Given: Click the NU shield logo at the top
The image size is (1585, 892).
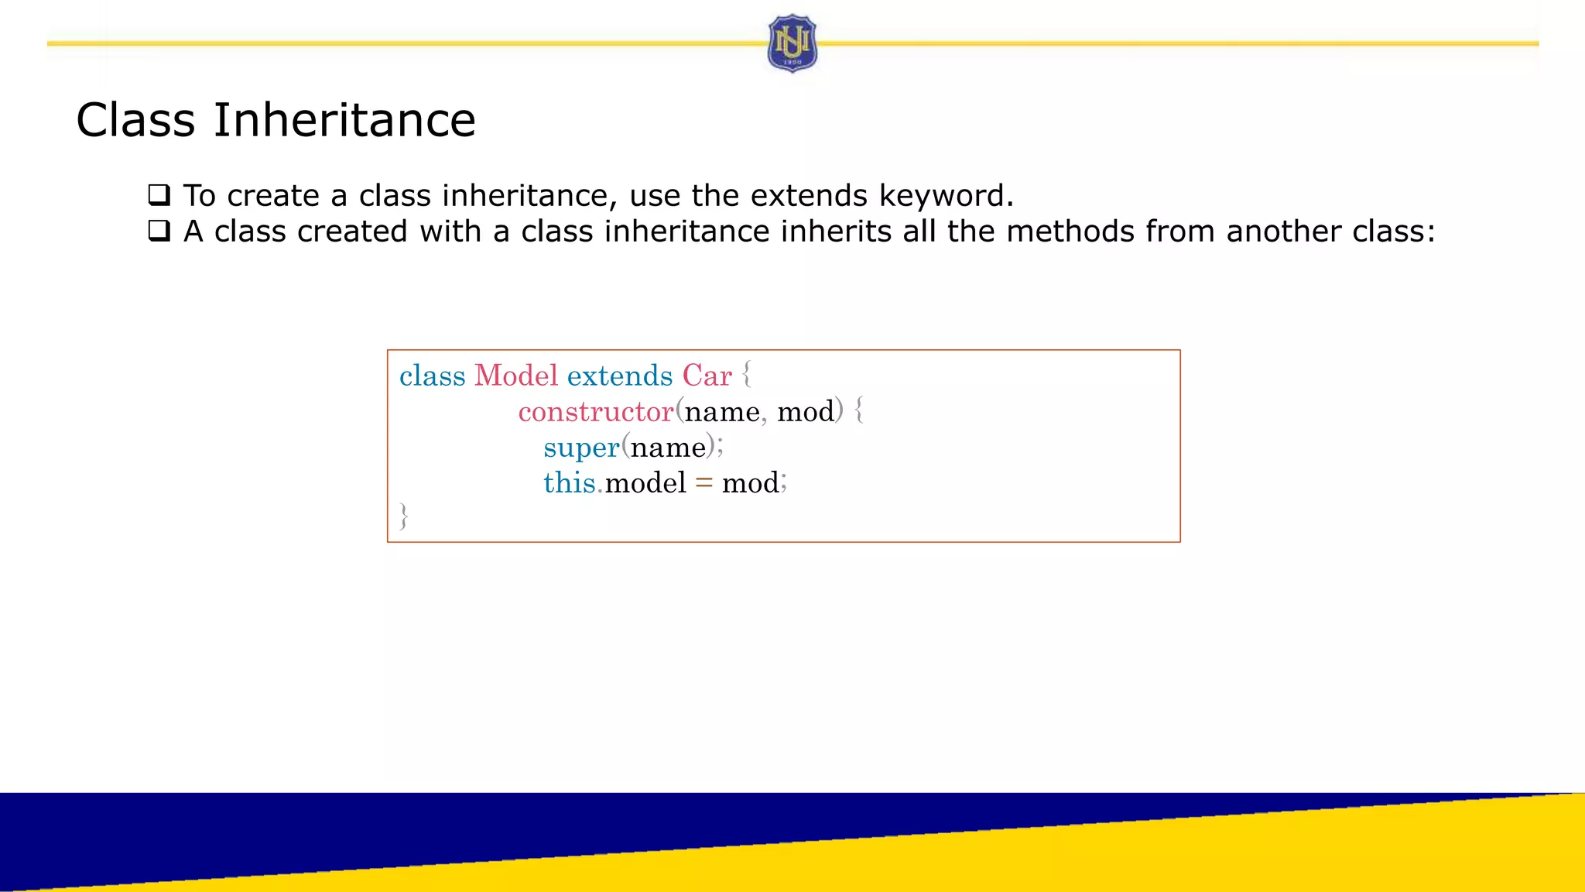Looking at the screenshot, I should pos(792,43).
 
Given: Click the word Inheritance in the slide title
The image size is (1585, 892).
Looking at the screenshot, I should pos(344,120).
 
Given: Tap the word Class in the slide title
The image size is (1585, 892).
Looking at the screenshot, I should pos(135,120).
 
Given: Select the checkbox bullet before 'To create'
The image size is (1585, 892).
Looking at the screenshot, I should pos(159,194).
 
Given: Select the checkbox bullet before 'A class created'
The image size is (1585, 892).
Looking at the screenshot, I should pos(159,231).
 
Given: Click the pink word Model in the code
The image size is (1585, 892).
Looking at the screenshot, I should pos(515,376).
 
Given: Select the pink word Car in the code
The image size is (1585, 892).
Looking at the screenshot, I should pos(707,376).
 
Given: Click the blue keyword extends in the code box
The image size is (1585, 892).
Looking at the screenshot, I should pos(619,376).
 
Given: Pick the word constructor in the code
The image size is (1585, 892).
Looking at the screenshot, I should pos(595,411).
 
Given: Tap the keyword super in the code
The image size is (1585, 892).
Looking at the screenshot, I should pos(581,448).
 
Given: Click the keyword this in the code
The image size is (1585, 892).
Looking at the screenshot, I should pos(569,483).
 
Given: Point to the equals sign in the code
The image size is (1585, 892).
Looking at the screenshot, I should pos(703,483).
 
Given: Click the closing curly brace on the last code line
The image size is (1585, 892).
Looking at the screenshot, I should pos(403,516).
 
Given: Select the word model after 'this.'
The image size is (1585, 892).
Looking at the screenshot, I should pos(645,483).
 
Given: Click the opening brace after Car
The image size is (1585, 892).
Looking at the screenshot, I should pos(746,375).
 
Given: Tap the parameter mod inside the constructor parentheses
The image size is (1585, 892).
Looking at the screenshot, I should pos(806,411).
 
